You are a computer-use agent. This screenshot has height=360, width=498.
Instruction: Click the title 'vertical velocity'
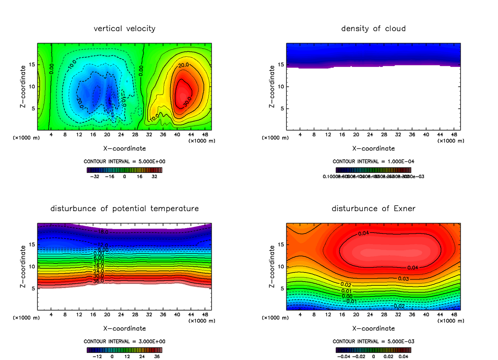coord(124,29)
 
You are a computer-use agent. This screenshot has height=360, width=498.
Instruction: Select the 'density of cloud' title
coord(373,29)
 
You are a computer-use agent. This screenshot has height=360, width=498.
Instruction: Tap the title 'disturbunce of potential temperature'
coord(124,209)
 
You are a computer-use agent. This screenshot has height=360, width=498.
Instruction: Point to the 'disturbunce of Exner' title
coord(373,209)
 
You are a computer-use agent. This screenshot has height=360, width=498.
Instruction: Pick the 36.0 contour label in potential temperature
coord(99,281)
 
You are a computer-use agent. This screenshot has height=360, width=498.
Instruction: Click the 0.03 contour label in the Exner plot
coord(403,278)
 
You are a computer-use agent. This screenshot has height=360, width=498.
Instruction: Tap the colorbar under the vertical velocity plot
coord(124,170)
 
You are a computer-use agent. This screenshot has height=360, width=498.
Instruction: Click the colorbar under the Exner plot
coord(373,350)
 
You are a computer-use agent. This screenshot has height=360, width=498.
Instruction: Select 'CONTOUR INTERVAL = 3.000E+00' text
coord(124,341)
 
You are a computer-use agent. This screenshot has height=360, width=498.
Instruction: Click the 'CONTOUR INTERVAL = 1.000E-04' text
coord(373,161)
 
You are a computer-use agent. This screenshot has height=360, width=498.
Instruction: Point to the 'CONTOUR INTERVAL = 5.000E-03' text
coord(373,341)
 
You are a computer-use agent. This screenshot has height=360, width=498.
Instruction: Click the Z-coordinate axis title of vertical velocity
coord(24,87)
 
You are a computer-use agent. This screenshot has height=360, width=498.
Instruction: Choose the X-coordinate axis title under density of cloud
coord(373,148)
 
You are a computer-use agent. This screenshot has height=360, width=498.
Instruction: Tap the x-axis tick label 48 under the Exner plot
coord(454,315)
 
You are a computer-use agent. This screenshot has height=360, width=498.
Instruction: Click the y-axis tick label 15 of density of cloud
coord(281,65)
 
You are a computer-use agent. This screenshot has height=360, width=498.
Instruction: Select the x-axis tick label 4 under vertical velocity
coord(51,135)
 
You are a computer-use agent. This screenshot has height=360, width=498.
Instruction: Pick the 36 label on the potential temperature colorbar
coord(157,356)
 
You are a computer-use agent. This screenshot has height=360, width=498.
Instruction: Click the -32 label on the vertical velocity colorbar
coord(96,176)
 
